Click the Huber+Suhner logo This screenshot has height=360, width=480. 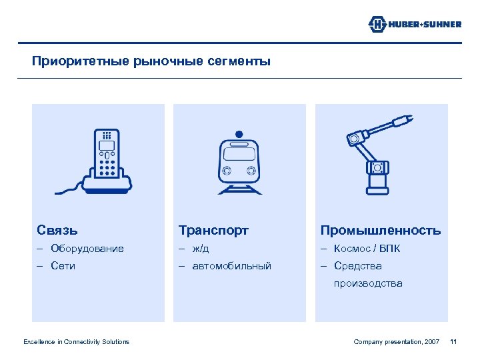click(x=415, y=25)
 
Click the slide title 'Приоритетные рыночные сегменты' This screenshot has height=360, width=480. click(x=152, y=62)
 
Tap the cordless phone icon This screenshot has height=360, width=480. click(x=107, y=160)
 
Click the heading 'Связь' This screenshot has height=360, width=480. click(x=57, y=231)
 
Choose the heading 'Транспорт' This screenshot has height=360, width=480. click(x=213, y=231)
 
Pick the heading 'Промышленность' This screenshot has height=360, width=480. click(x=380, y=231)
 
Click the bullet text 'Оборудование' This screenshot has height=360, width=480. click(x=87, y=249)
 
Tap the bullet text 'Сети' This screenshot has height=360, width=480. click(x=63, y=266)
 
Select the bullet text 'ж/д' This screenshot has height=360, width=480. click(x=201, y=249)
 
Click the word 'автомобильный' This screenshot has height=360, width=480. click(x=231, y=266)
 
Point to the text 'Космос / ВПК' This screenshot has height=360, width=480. click(x=367, y=249)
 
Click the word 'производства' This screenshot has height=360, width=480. click(x=368, y=283)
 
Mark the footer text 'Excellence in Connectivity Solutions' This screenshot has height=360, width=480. click(x=76, y=342)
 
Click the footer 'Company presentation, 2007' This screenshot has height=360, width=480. click(x=396, y=342)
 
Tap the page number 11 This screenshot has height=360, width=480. click(x=453, y=342)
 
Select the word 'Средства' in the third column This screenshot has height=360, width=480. click(x=358, y=266)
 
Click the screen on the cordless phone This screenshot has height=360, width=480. click(x=107, y=145)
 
